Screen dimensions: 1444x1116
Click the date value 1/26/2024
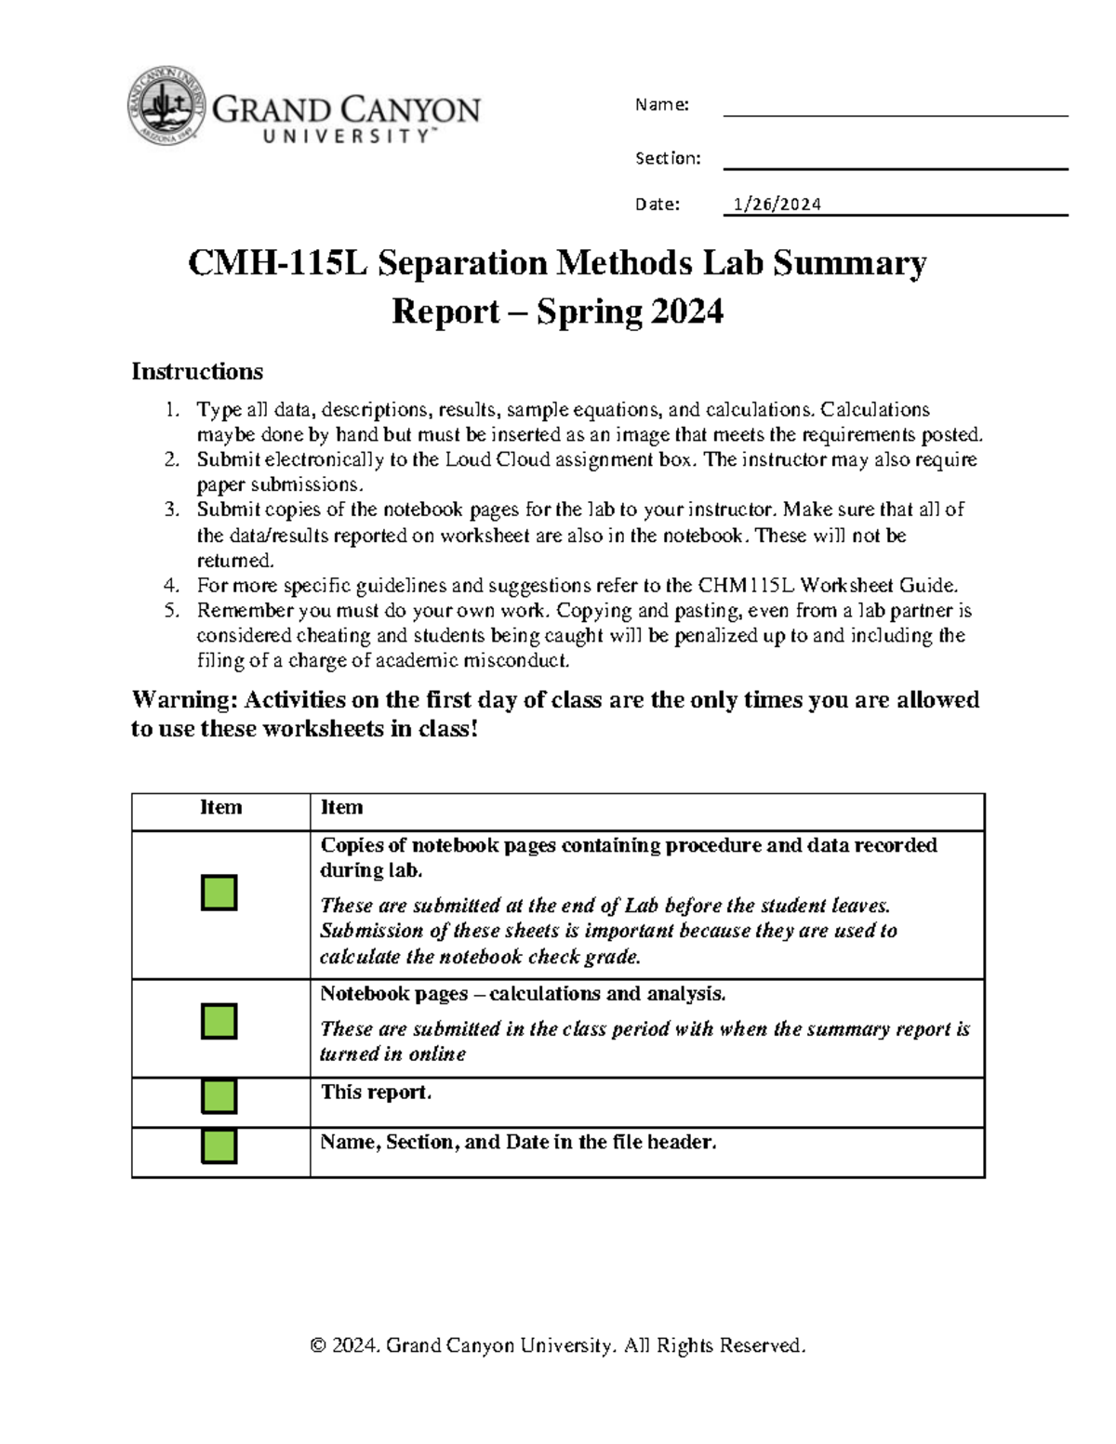coord(777,205)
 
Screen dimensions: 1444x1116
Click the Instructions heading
coord(196,372)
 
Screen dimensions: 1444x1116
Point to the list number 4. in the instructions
coord(171,586)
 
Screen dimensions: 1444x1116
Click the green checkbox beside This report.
coord(219,1096)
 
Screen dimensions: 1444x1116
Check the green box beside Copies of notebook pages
coord(219,893)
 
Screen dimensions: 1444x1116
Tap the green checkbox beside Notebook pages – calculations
coord(219,1021)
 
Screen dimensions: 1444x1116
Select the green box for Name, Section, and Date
coord(219,1146)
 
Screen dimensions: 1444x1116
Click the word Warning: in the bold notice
coord(184,700)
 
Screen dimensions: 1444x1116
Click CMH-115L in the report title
coord(277,264)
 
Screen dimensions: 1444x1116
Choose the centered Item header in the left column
coord(220,808)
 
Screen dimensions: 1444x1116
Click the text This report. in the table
coord(376,1093)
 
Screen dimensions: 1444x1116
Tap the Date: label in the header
coord(657,205)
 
